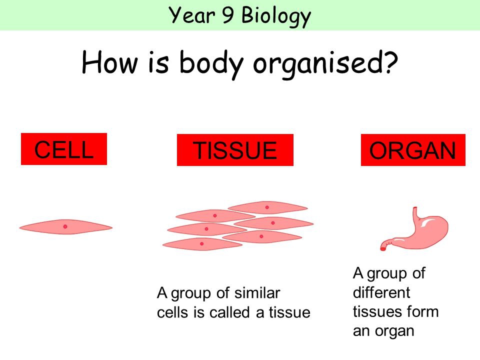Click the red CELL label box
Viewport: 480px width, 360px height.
(x=64, y=148)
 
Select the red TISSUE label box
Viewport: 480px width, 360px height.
(x=235, y=150)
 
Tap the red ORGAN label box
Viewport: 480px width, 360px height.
(x=413, y=150)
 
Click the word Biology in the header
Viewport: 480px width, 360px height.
(x=275, y=16)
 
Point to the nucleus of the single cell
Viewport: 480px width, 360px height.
(x=65, y=226)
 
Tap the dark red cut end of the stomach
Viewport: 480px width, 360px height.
(x=383, y=246)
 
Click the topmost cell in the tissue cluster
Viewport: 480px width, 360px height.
(x=267, y=206)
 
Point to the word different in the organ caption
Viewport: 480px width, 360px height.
(x=381, y=292)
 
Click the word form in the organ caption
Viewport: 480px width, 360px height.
(x=423, y=311)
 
